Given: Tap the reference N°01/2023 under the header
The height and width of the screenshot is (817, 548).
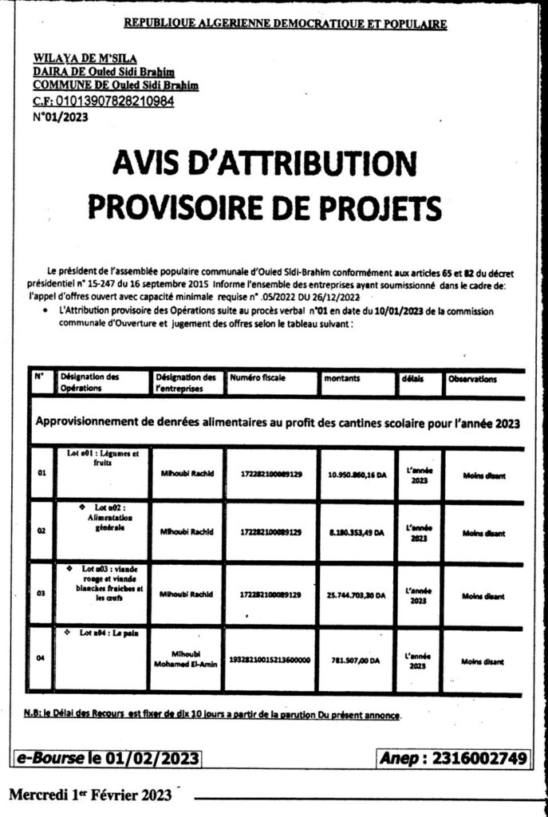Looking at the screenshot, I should (61, 116).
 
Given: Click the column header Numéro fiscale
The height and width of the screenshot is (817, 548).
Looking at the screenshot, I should (256, 379).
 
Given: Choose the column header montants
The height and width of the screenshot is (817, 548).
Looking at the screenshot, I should (341, 380).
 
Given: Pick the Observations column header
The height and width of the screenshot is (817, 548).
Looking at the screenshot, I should (473, 380).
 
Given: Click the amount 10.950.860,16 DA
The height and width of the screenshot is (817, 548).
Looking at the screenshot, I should (357, 477).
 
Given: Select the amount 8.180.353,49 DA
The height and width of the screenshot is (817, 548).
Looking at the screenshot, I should (357, 533).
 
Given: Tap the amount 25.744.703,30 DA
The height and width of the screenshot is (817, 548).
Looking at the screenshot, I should (357, 595).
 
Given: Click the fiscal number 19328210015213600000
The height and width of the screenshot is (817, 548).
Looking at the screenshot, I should (270, 661).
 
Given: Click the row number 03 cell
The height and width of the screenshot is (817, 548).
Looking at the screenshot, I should (41, 594).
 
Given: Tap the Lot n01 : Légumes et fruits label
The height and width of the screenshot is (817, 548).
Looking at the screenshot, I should (104, 457).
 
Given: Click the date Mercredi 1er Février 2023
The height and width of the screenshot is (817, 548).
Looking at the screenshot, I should (91, 795).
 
